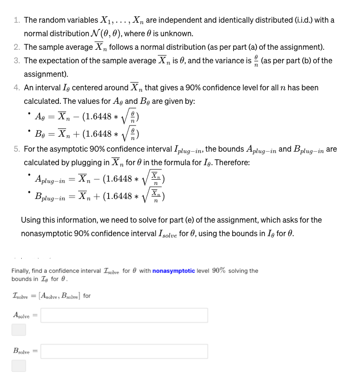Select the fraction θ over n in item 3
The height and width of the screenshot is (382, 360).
[256, 61]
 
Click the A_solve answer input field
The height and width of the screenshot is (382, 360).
[124, 315]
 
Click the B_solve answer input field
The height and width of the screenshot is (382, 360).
[124, 351]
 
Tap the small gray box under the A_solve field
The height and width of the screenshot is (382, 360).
[18, 330]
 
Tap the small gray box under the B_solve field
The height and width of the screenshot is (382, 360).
[18, 366]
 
